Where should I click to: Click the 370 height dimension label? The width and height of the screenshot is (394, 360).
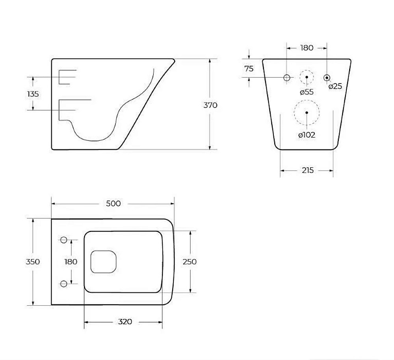210,105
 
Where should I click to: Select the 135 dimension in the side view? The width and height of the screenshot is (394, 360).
33,94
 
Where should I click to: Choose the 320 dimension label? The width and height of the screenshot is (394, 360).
125,322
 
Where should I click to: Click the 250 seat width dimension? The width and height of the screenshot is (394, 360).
190,262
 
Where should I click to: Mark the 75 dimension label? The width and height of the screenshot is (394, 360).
249,69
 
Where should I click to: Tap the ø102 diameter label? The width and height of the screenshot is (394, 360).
307,135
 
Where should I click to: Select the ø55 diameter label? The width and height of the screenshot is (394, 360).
307,92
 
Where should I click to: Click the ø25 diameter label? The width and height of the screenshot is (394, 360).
335,86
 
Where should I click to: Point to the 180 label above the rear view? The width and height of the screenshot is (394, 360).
307,48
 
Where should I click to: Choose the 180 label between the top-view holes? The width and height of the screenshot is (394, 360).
71,262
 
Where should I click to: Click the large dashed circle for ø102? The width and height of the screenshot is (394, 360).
307,112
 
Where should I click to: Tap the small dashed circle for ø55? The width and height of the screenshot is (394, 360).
307,77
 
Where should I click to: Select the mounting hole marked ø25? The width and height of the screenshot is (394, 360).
327,77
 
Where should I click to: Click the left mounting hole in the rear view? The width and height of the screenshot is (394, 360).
287,77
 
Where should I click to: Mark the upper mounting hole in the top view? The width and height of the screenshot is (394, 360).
64,239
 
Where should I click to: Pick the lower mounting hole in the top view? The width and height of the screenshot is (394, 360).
64,283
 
